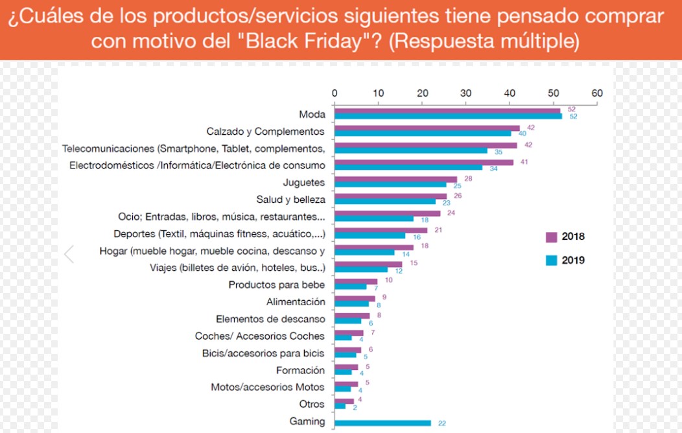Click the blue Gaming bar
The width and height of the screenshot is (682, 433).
pos(382,423)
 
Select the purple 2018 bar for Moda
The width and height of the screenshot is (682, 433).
pos(447,111)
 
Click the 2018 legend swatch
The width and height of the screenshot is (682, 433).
pos(552,237)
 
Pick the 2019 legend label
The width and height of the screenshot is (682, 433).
pos(573,261)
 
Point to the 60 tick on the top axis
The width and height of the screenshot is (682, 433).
pos(597,93)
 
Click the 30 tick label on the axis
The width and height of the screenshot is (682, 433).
pos(465,93)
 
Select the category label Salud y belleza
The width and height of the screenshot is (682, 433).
pos(291,200)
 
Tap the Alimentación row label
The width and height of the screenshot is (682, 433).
pos(296,302)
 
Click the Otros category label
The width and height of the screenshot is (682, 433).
pos(312,404)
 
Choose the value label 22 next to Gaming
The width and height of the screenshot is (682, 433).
pos(441,424)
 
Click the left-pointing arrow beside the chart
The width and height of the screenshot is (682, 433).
pos(69,254)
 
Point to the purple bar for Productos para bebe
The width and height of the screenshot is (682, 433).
pos(356,281)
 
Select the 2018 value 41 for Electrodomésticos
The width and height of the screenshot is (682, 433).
pos(524,161)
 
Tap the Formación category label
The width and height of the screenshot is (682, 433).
pos(300,371)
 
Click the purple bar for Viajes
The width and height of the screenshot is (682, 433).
pos(368,264)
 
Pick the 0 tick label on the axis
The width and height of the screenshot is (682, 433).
pos(335,93)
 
